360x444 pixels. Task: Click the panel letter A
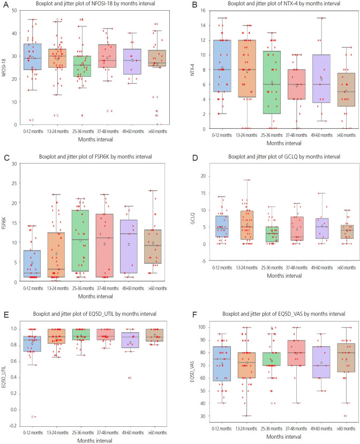pos(5,5)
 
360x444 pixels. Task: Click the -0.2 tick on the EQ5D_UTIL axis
pos(17,425)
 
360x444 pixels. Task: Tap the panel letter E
pos(5,304)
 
